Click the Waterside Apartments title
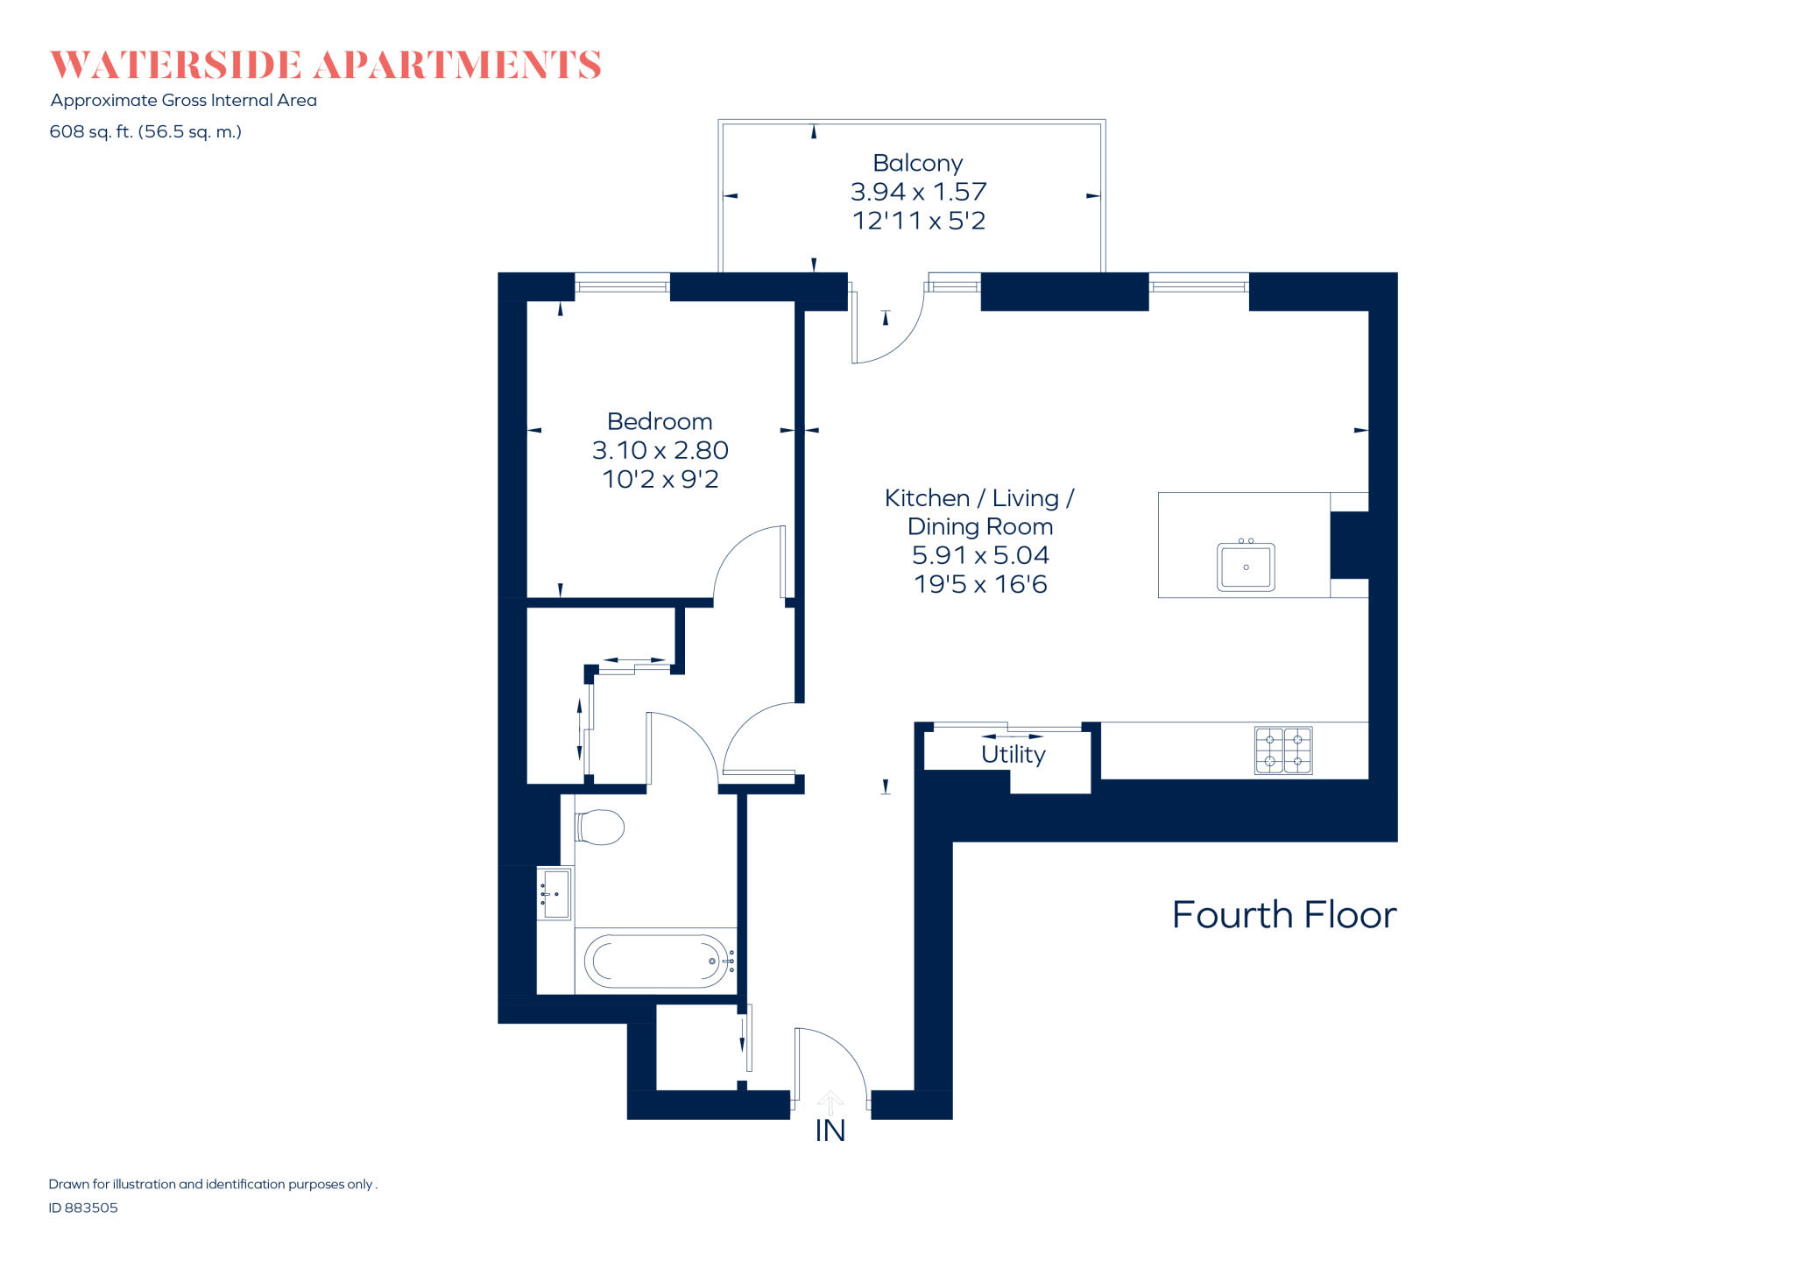click(x=325, y=66)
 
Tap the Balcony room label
click(x=917, y=163)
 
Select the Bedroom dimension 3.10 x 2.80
click(x=660, y=450)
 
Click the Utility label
click(x=1013, y=754)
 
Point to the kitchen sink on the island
click(x=1245, y=567)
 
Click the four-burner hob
click(x=1282, y=750)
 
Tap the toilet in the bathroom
click(x=599, y=827)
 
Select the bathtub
click(x=655, y=961)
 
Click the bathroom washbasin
click(x=555, y=893)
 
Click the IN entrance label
click(x=830, y=1131)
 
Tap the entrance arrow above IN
click(x=830, y=1102)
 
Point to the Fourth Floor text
click(x=1283, y=915)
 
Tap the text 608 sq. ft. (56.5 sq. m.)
click(x=145, y=132)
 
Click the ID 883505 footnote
click(x=83, y=1208)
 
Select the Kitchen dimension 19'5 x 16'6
click(x=979, y=584)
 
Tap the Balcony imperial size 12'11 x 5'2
click(x=918, y=221)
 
